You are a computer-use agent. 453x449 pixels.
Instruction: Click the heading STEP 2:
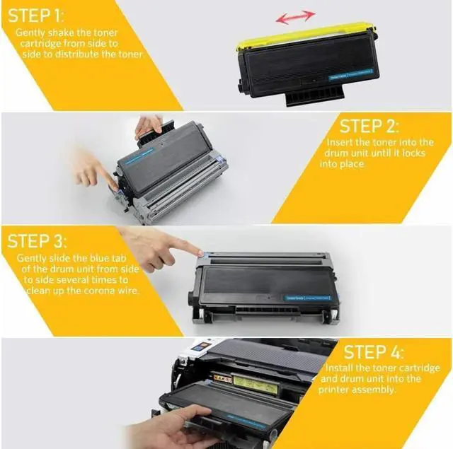(x=369, y=127)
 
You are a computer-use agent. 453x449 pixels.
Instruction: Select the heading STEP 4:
(x=372, y=352)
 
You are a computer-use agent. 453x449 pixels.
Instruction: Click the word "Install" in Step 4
(x=340, y=368)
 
